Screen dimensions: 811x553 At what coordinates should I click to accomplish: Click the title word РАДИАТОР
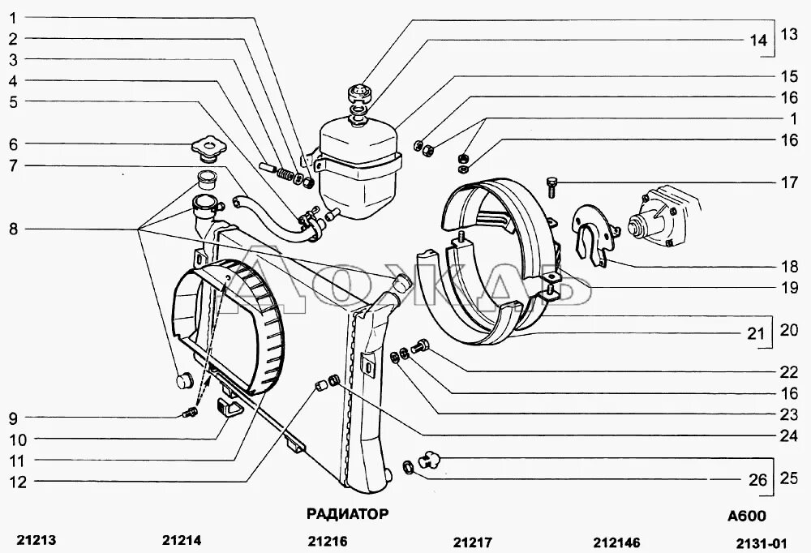tap(347, 513)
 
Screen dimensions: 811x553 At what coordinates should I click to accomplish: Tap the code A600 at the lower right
tap(746, 517)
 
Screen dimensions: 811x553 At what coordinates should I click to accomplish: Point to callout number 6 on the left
tap(13, 144)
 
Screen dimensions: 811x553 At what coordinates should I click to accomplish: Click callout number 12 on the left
tap(18, 482)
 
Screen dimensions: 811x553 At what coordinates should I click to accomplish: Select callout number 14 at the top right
tap(758, 41)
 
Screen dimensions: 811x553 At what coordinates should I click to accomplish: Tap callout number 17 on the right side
tap(790, 182)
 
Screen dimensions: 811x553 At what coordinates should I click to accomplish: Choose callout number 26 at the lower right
tap(757, 480)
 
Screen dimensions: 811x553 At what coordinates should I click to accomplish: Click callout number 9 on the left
tap(13, 418)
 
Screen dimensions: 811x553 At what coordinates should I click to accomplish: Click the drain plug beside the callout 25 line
tap(427, 462)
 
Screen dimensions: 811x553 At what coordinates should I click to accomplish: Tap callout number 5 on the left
tap(13, 102)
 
